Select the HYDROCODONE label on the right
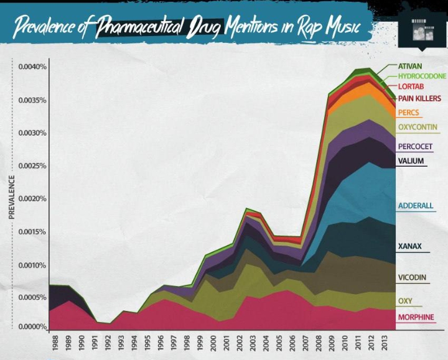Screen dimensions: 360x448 pos(422,76)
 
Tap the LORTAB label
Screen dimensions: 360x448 pos(411,86)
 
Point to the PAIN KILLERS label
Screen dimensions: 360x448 pos(419,98)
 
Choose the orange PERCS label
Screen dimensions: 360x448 pos(409,113)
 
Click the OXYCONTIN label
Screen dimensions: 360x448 pos(418,127)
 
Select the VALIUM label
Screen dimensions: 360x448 pos(411,161)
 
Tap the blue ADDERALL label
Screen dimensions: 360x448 pos(415,206)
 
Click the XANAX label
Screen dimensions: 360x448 pos(409,246)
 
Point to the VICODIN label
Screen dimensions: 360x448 pos(412,277)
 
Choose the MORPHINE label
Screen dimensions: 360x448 pos(416,317)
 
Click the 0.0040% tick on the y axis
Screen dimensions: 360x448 pos(33,67)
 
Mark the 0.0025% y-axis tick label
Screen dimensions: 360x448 pos(33,166)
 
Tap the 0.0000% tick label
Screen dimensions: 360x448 pos(33,327)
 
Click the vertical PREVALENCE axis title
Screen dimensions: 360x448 pos(11,197)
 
